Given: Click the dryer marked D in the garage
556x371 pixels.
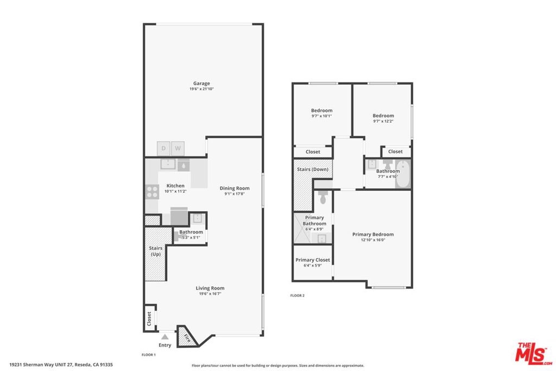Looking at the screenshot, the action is tap(163, 148).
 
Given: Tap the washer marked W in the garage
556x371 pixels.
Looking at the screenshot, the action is tap(178, 148).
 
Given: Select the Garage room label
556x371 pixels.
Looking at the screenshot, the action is tap(201, 83).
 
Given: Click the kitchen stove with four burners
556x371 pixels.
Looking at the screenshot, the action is tap(152, 192).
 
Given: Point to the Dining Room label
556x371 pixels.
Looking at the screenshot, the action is tap(235, 188).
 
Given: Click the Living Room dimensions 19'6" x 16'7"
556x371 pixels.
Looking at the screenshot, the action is tap(210, 294).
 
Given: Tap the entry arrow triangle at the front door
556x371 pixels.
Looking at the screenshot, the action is tap(165, 337).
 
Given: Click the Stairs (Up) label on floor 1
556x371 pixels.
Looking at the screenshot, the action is tap(156, 251).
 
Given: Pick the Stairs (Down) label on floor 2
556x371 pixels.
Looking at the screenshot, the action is tap(312, 169).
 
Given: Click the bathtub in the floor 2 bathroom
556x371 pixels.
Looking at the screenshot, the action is tap(403, 174).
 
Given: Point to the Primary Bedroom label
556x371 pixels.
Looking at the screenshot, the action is tap(372, 234).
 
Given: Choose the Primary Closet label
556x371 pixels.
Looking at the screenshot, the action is tap(313, 260).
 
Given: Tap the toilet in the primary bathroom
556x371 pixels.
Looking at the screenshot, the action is tap(323, 198).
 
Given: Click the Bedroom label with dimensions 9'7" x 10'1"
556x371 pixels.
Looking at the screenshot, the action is tap(321, 110).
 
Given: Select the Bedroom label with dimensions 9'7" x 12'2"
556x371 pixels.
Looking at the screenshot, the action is tap(383, 116).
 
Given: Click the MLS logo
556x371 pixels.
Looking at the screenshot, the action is tap(533, 354).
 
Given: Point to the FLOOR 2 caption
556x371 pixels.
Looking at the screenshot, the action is tap(297, 295).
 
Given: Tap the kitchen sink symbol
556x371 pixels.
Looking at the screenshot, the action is tap(168, 164).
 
